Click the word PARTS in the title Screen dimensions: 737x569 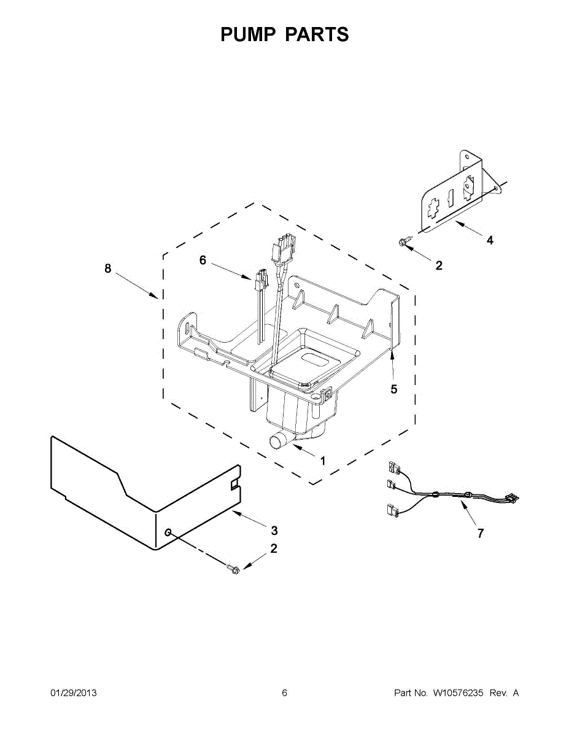[x=317, y=34]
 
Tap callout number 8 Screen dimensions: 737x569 [x=108, y=268]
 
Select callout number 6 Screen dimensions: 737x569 [x=203, y=260]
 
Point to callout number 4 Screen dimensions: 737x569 [x=489, y=241]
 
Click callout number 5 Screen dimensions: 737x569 [x=394, y=389]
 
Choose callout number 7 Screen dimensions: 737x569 [x=480, y=533]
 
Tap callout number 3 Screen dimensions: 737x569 [x=274, y=530]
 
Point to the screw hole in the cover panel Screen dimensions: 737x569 [x=167, y=529]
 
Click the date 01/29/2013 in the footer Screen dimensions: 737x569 [x=73, y=693]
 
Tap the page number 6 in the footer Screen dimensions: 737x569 [x=284, y=693]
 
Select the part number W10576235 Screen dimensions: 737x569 [x=458, y=693]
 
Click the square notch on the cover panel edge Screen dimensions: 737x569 [x=234, y=485]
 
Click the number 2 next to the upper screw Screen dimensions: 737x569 [x=438, y=266]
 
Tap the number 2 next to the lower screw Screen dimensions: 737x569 [x=274, y=548]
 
